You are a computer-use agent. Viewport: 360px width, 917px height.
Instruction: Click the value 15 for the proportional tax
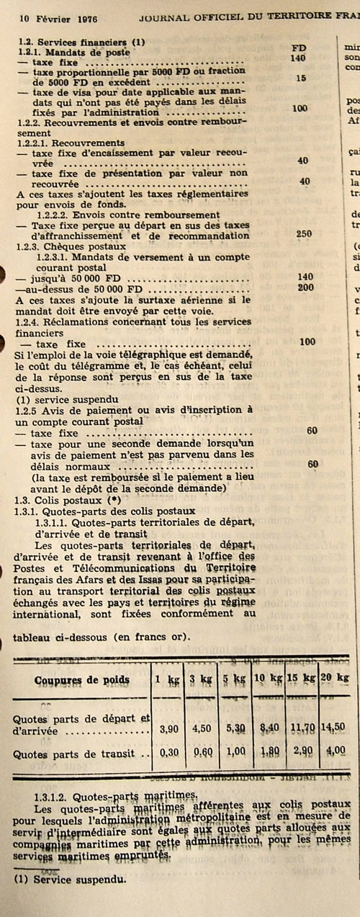click(x=301, y=78)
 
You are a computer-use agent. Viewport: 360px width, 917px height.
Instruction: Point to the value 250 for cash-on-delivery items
click(x=303, y=234)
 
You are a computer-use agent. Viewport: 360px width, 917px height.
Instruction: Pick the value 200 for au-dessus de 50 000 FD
click(x=305, y=287)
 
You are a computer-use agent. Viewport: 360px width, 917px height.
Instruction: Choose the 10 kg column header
click(x=269, y=679)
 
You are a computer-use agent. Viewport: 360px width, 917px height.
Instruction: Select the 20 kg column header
click(x=335, y=679)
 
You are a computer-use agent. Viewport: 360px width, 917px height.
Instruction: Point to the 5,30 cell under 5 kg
click(x=234, y=728)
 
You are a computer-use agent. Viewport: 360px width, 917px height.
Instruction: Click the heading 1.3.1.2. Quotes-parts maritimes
click(x=115, y=794)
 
